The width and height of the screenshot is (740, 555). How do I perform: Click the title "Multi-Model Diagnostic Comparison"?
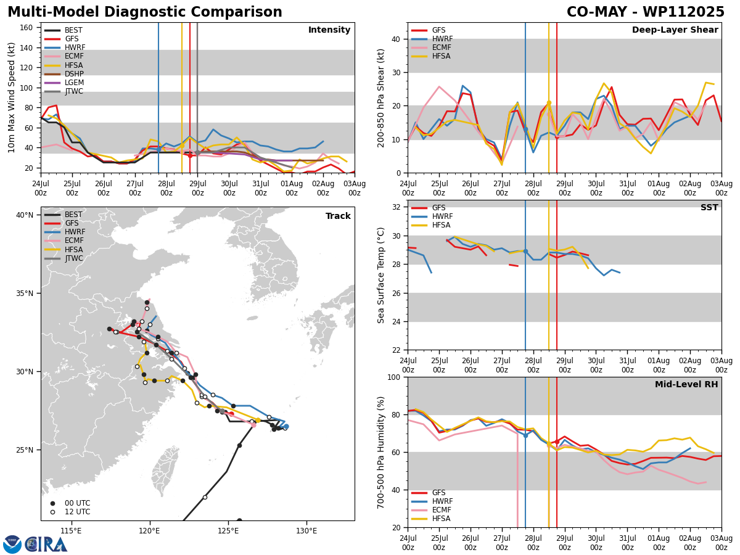pos(145,12)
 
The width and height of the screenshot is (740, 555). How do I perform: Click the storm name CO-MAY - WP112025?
pos(646,12)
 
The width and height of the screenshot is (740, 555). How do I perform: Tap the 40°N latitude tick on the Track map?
pos(25,215)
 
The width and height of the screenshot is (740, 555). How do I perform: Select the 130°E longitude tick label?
pos(306,531)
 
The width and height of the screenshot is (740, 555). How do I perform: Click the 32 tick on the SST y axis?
pos(396,207)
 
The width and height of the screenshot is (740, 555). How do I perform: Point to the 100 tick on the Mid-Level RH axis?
pos(393,377)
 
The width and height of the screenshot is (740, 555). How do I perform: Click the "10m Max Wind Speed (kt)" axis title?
pos(12,97)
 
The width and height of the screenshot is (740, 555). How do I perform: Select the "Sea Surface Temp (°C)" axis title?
pos(381,275)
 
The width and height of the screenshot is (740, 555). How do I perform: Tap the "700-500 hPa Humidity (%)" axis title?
pos(381,452)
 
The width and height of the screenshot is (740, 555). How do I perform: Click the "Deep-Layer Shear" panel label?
pos(675,30)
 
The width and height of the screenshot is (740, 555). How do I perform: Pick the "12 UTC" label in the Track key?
pos(77,512)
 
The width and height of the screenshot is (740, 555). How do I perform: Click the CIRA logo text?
pos(46,545)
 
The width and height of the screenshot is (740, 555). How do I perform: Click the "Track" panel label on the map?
pos(338,216)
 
